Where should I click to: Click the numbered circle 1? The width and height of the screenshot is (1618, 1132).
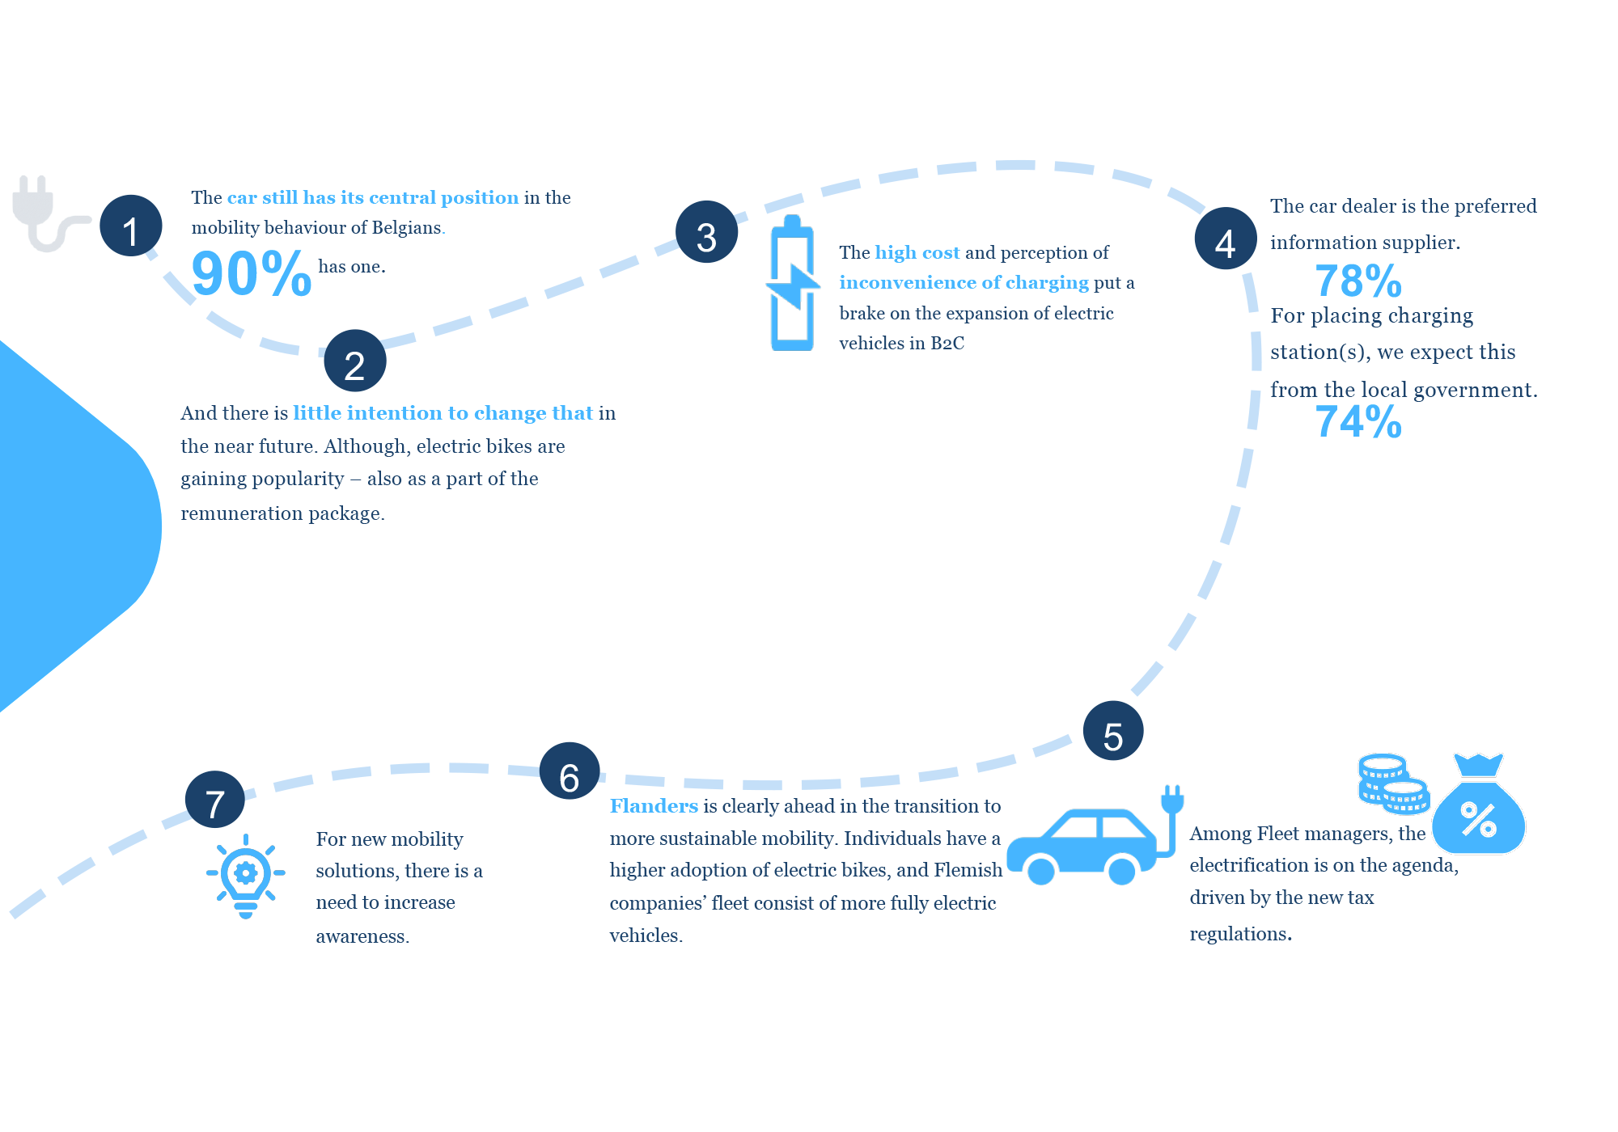point(131,226)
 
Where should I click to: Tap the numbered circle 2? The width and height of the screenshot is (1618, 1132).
point(355,361)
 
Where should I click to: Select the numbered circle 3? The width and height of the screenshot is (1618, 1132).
point(707,232)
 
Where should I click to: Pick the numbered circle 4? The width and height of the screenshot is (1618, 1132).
point(1226,239)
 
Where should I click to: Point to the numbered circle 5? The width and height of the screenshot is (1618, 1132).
point(1113,731)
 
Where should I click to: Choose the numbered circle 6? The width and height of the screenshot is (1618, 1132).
point(570,771)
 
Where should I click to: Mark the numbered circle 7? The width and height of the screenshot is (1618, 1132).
point(214,800)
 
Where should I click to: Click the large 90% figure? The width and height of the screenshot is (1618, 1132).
point(252,274)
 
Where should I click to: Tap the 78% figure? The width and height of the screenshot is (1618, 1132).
point(1358,281)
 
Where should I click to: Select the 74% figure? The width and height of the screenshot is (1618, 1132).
point(1358,422)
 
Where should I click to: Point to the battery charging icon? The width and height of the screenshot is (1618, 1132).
point(792,283)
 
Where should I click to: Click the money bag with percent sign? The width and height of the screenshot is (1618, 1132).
point(1478,805)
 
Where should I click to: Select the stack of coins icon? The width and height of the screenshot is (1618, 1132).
point(1393,784)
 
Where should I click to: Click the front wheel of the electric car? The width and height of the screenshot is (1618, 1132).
point(1041,871)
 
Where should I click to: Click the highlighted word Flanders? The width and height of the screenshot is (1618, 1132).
point(654,806)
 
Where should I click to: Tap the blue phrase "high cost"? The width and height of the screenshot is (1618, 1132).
point(917,252)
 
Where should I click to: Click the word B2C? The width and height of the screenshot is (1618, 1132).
point(947,343)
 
